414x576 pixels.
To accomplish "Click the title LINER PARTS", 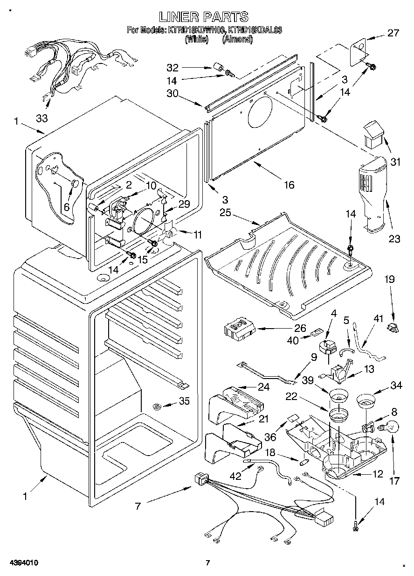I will click(204, 17).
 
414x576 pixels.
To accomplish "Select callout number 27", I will click(393, 33).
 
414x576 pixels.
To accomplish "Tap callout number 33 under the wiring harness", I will click(42, 119).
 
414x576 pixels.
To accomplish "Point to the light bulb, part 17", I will click(391, 427).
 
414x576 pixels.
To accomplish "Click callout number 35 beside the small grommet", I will click(184, 401).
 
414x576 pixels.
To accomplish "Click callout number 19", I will click(389, 280).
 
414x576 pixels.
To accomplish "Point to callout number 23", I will click(394, 239).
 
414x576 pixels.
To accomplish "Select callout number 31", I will click(395, 162).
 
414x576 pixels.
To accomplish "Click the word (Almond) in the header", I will click(237, 40).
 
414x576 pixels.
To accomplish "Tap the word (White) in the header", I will click(196, 40).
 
